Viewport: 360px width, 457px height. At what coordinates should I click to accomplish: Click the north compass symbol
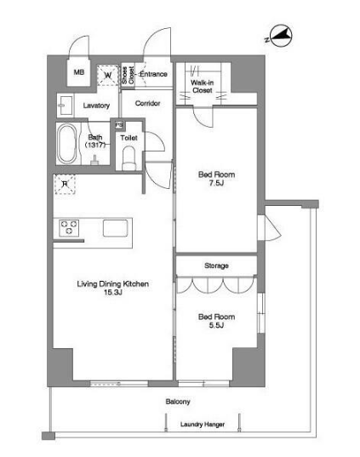(279, 36)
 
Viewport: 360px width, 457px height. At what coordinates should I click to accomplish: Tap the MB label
(78, 71)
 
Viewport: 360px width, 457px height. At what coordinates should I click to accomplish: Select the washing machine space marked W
(108, 75)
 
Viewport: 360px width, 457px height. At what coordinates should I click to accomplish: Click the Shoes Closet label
(128, 75)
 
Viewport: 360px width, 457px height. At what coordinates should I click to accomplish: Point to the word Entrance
(153, 74)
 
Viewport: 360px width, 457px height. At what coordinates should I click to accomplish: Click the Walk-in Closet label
(202, 86)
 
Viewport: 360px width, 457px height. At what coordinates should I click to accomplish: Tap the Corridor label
(147, 103)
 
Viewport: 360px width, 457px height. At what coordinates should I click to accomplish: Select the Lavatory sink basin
(65, 106)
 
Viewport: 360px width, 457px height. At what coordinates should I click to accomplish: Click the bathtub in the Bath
(67, 144)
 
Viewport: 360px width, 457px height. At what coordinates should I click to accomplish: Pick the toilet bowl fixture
(129, 158)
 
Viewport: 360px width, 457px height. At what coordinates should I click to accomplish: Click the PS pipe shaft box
(118, 125)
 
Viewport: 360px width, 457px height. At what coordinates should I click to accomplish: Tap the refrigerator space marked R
(65, 184)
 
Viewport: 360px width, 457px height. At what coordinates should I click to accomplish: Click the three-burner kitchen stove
(69, 228)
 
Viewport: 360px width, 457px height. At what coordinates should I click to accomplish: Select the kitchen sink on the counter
(115, 228)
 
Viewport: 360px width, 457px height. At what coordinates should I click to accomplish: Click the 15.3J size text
(113, 293)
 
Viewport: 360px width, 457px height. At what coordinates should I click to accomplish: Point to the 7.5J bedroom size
(216, 183)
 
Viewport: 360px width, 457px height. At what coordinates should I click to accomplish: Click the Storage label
(216, 266)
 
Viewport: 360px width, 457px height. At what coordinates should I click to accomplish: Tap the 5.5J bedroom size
(216, 325)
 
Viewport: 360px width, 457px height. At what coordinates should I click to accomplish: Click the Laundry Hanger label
(203, 425)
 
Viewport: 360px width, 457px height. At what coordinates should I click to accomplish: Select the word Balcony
(178, 402)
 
